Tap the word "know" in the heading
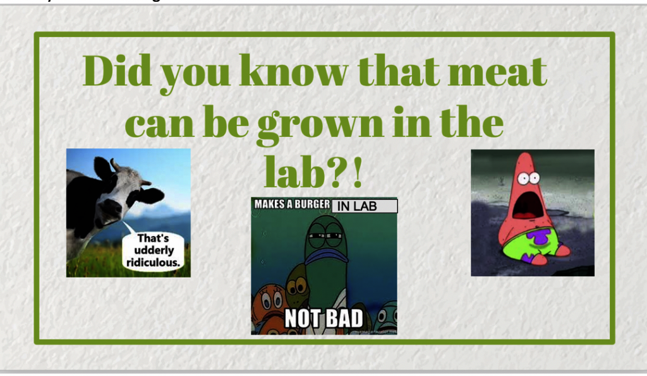(293, 71)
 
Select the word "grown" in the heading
(320, 124)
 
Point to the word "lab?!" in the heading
(313, 172)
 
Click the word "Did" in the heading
(117, 71)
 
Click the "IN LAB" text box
(365, 206)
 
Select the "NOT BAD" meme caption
(324, 319)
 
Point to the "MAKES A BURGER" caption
(292, 204)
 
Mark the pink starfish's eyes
(529, 179)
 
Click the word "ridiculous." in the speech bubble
(153, 262)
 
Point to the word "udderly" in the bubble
(154, 250)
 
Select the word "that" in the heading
(398, 71)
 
